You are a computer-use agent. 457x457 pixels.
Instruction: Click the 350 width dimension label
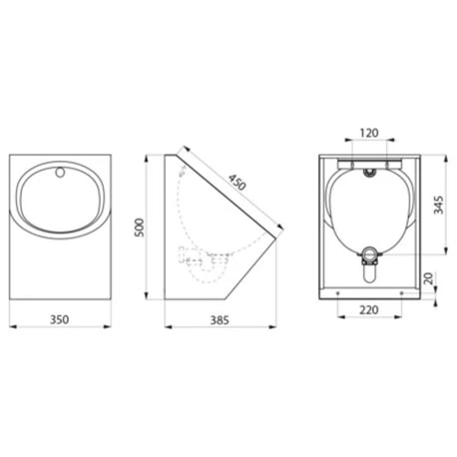[60, 319]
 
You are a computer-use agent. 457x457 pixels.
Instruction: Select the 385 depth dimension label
[220, 320]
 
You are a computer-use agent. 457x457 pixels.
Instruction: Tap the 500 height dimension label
[140, 228]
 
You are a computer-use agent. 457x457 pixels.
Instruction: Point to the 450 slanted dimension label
[237, 182]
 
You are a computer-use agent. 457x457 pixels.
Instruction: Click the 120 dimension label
[369, 133]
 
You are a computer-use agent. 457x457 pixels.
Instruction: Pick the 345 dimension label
[439, 205]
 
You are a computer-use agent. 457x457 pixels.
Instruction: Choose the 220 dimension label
[369, 310]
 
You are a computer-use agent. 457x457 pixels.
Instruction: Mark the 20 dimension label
[429, 278]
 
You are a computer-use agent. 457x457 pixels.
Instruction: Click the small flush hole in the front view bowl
[60, 173]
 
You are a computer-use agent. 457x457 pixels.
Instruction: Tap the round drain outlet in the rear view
[369, 254]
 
